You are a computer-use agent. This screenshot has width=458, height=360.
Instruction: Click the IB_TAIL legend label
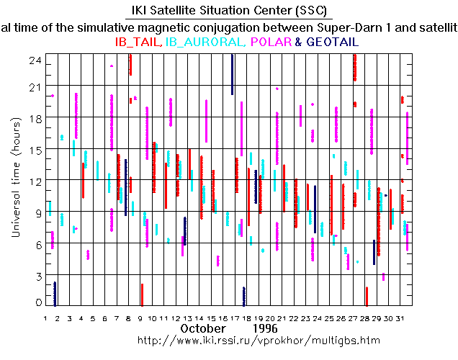click(x=138, y=42)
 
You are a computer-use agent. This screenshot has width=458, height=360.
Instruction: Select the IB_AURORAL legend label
click(x=205, y=42)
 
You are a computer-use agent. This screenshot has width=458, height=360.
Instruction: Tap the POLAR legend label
click(x=271, y=42)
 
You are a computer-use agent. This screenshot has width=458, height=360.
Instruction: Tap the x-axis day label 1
click(x=46, y=318)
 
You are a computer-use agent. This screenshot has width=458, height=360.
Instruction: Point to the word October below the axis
click(x=202, y=328)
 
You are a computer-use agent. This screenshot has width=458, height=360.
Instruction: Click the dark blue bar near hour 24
click(x=232, y=74)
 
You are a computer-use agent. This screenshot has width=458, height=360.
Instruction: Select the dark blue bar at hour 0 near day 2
click(x=55, y=293)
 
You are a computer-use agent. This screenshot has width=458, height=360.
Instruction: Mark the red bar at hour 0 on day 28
click(x=367, y=296)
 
